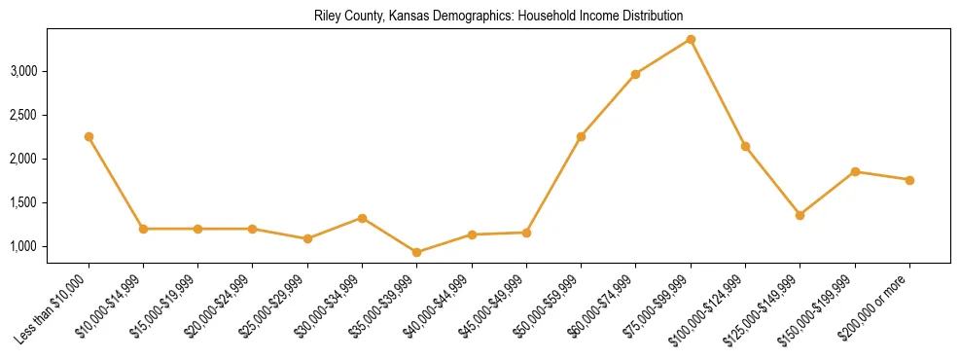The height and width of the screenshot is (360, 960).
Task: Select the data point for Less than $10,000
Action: click(89, 137)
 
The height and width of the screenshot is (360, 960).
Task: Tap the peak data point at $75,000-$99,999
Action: click(691, 39)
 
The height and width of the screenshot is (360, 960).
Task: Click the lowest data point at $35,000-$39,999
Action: click(417, 252)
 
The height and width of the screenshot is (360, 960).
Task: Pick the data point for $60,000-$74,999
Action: click(635, 74)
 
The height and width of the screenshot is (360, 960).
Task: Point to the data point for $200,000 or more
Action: click(909, 180)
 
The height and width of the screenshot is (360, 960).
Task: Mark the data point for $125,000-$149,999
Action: click(800, 215)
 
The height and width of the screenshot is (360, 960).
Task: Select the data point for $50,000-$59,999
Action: click(581, 136)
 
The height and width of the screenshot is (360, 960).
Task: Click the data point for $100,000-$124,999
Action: click(745, 146)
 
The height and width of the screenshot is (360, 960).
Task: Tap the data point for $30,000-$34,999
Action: click(362, 218)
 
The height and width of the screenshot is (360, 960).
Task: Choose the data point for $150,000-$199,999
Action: click(855, 171)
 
